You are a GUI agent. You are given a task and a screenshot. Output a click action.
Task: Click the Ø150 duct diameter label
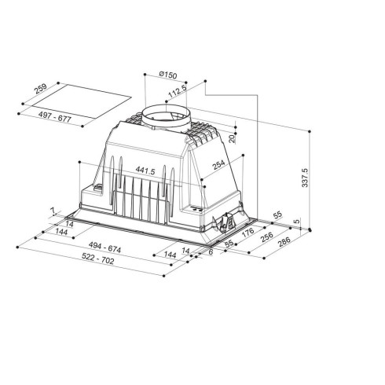click(x=166, y=75)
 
